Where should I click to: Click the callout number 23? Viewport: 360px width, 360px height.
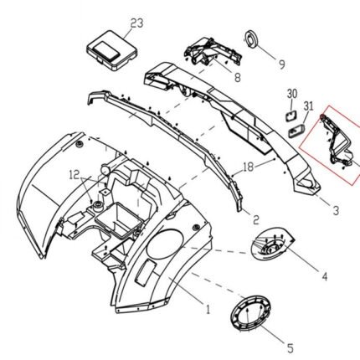(136, 23)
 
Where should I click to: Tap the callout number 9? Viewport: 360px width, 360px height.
(282, 64)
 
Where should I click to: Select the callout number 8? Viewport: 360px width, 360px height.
(237, 77)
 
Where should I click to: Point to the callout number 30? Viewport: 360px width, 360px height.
(292, 94)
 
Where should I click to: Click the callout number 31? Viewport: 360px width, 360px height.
(308, 106)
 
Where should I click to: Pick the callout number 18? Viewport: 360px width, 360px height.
(248, 167)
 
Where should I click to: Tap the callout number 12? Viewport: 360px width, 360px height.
(75, 175)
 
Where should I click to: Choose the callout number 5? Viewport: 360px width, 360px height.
(291, 348)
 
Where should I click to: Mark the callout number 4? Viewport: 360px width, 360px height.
(324, 276)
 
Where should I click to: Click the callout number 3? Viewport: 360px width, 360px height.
(336, 210)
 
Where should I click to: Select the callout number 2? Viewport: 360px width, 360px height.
(255, 219)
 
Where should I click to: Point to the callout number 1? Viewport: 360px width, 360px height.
(208, 309)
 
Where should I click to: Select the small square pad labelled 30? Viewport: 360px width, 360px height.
(291, 116)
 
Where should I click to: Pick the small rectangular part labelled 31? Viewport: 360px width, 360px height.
(296, 131)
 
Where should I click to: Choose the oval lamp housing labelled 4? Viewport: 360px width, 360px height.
(271, 244)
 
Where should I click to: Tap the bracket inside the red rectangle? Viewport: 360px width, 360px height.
(338, 142)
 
